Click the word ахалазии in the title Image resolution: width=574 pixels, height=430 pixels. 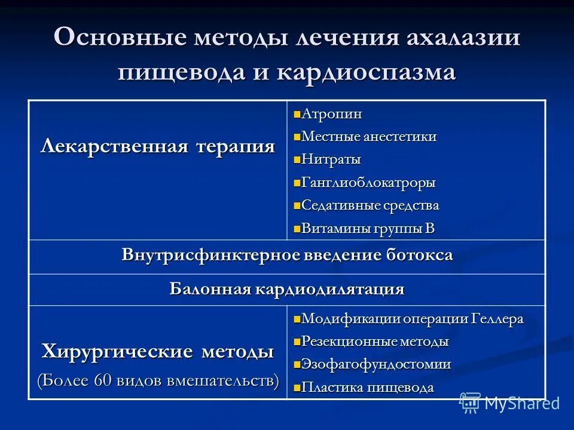(463, 38)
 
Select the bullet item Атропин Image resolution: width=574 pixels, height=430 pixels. (332, 113)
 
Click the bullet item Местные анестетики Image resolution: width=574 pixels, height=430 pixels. (369, 137)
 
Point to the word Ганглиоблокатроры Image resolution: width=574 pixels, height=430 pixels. (368, 183)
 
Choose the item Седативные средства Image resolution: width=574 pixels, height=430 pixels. (370, 206)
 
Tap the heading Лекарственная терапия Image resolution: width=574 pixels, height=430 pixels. (158, 146)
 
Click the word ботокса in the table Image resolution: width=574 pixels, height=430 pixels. (418, 256)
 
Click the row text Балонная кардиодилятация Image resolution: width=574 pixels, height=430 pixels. (287, 290)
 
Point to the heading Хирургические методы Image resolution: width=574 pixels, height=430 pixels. (158, 351)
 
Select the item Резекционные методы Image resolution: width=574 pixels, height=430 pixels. (375, 342)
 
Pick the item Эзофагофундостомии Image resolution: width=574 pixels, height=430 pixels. (376, 364)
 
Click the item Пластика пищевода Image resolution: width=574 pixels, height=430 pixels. (368, 388)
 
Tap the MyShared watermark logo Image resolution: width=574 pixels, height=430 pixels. (509, 403)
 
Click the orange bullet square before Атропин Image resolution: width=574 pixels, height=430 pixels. (297, 114)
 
